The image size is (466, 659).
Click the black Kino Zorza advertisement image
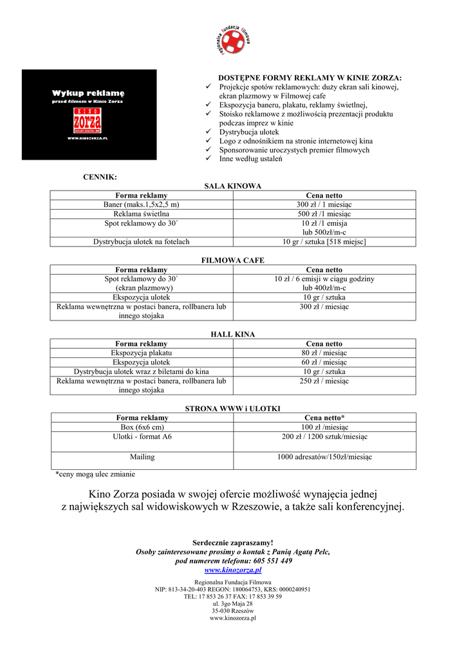[89, 115]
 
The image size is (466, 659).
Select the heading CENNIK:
[100, 176]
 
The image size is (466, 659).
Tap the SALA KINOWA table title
[233, 186]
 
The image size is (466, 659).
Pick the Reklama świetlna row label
[141, 214]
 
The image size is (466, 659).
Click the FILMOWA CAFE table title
[233, 261]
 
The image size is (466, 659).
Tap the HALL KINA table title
[233, 335]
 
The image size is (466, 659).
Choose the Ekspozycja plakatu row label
[141, 353]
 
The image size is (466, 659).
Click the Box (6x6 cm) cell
[141, 427]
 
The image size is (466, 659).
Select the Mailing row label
[141, 457]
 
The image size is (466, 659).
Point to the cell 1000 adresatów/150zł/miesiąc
[324, 457]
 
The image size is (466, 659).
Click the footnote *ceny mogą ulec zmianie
[95, 474]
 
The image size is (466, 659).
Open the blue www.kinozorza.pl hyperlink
[233, 570]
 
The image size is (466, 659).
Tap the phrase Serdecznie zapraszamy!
[233, 543]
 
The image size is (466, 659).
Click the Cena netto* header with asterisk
[324, 418]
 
